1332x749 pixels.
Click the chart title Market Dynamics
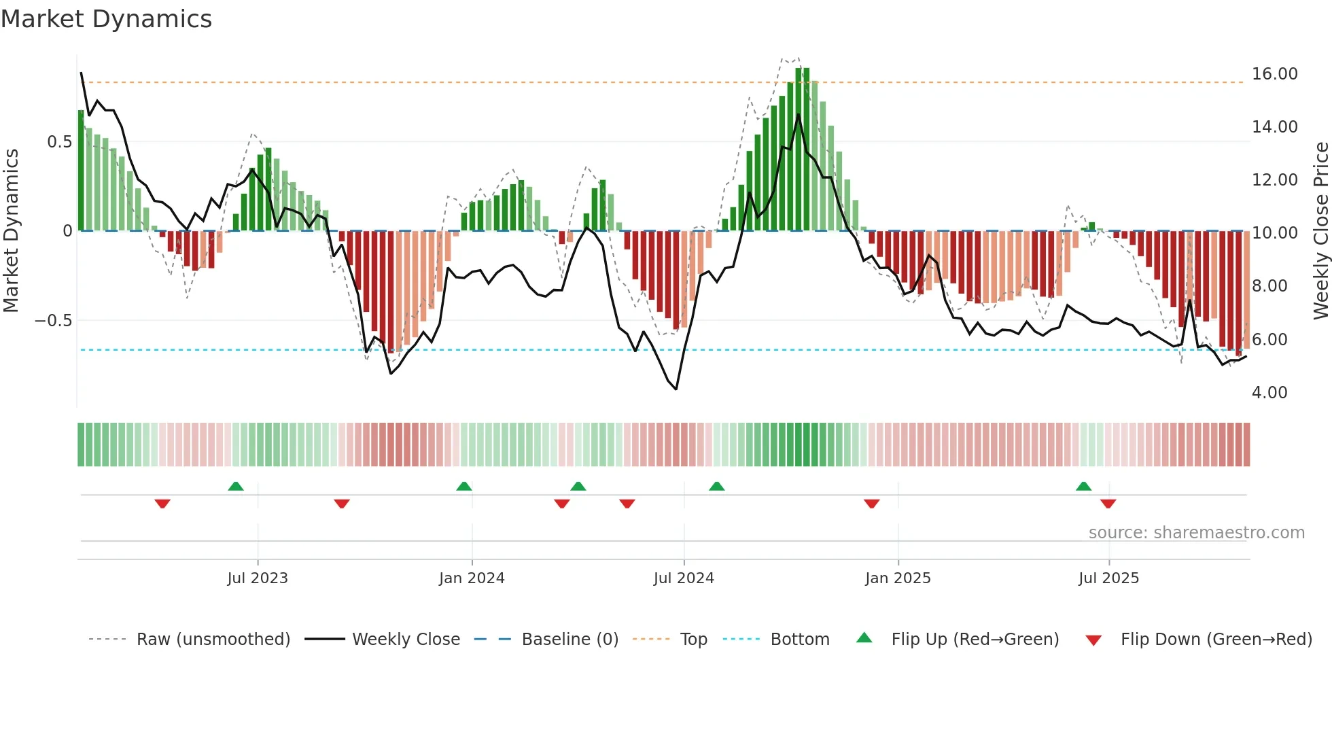click(106, 19)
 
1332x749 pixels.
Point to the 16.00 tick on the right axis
click(1274, 74)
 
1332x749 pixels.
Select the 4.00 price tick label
click(1269, 393)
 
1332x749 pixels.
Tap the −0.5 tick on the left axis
click(54, 321)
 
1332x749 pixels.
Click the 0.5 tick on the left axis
click(59, 142)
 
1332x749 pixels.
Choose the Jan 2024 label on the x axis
click(472, 578)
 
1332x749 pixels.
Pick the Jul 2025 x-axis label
click(1108, 578)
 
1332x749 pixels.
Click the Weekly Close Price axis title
click(1320, 231)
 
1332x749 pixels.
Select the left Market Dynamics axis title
click(12, 231)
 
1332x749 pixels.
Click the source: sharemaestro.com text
click(1196, 533)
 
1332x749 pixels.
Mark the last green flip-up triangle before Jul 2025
click(1083, 487)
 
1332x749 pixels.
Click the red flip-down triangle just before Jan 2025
click(871, 504)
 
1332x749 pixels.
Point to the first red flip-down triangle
click(162, 504)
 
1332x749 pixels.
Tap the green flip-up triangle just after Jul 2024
click(716, 487)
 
